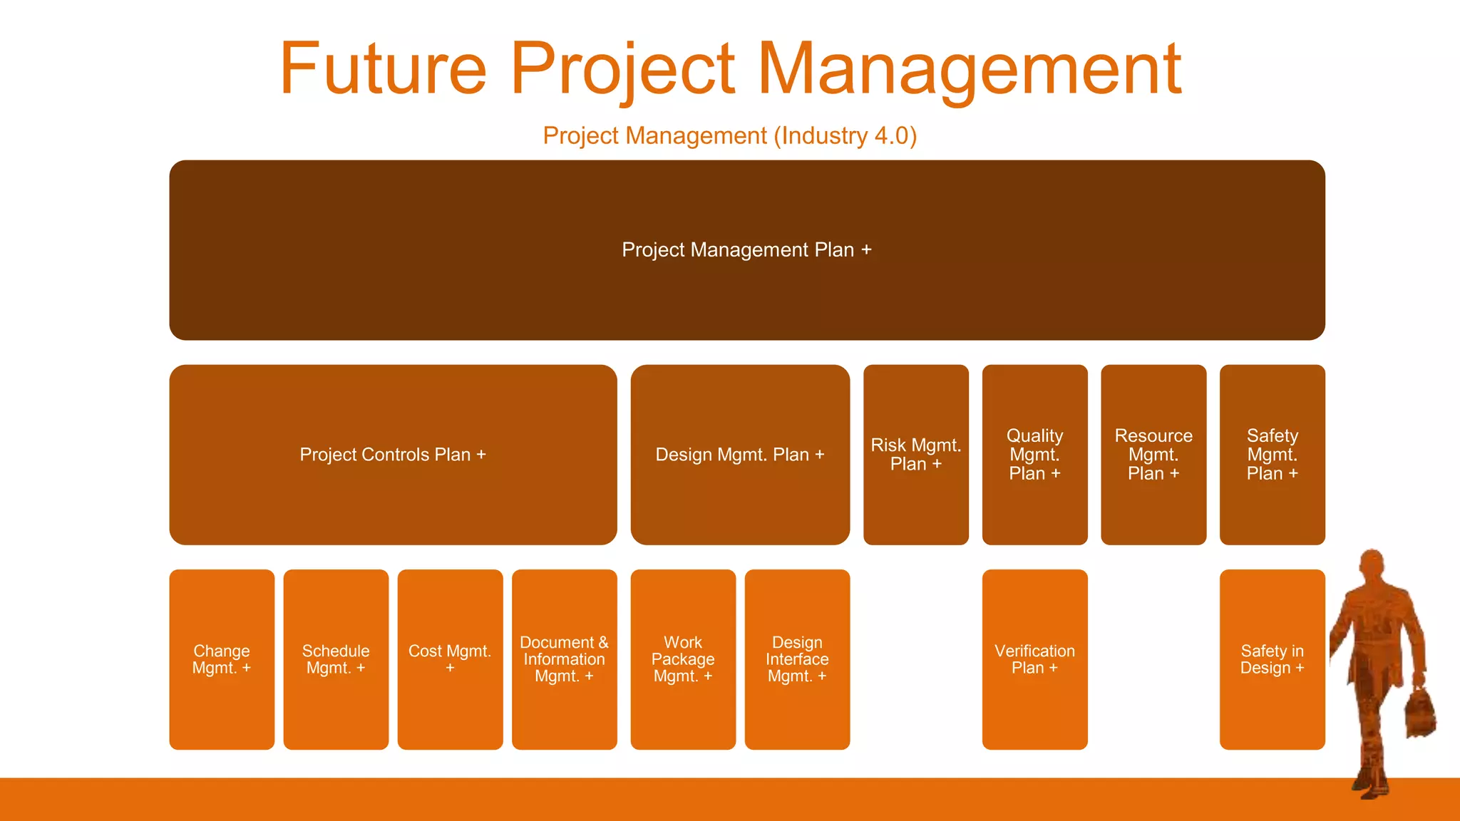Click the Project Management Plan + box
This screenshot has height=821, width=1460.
pos(746,249)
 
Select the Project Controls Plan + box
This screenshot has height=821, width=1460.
pos(393,455)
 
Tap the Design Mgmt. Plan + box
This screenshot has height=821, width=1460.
pos(740,455)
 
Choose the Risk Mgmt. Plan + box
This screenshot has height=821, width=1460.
pos(915,455)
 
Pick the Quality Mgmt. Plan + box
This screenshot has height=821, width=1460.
pos(1034,455)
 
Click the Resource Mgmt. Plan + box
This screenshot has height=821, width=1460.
pos(1153,455)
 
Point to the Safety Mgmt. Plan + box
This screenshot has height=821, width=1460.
pos(1272,455)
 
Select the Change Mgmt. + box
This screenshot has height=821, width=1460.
pos(222,659)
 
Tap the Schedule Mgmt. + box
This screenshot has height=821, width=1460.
pos(336,659)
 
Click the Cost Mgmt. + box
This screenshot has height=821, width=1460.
pos(450,659)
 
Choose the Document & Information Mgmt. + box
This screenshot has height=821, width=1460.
pos(564,659)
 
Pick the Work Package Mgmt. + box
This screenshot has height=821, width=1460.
pos(683,659)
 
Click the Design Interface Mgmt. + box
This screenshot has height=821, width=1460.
pos(797,659)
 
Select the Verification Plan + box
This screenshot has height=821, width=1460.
pos(1034,659)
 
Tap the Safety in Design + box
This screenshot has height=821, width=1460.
pos(1272,659)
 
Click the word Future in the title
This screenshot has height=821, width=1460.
pos(383,68)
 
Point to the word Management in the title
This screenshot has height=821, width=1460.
pos(969,68)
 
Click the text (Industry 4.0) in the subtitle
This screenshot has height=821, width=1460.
pos(845,135)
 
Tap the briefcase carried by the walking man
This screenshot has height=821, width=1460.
pos(1420,713)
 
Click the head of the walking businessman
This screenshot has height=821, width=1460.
pos(1372,567)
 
